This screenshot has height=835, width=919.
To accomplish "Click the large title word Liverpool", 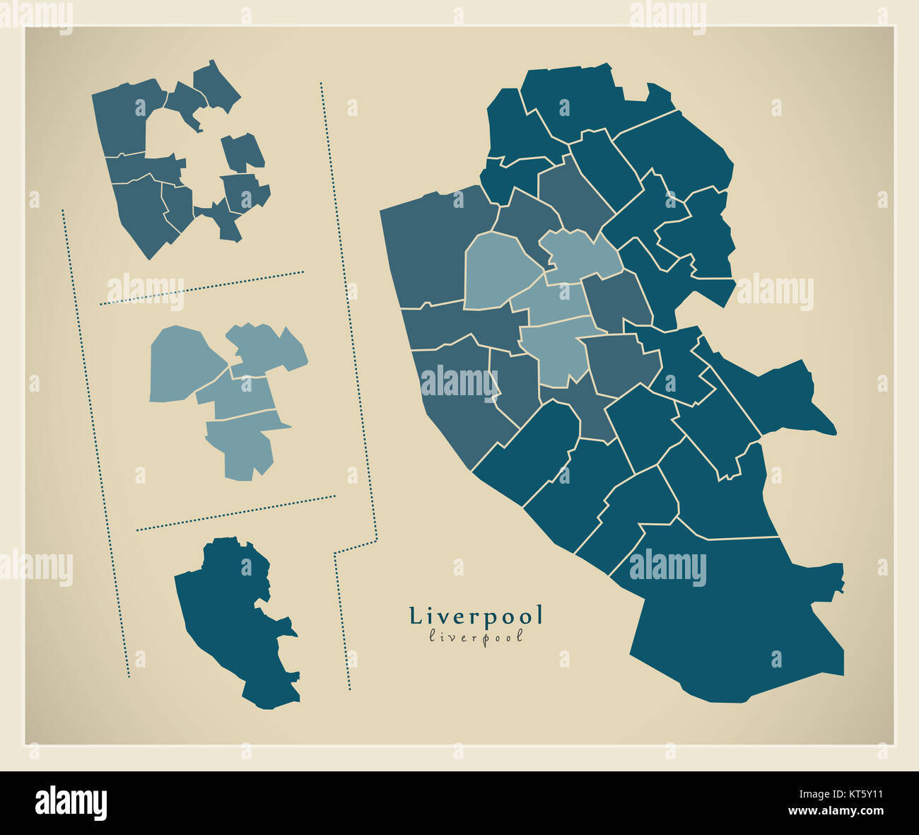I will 476,616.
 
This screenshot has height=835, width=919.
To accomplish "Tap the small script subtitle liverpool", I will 476,636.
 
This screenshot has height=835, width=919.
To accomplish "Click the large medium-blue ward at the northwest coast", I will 431,247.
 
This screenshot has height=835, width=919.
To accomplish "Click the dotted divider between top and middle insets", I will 201,288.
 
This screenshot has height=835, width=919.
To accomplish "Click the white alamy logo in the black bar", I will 71,802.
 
